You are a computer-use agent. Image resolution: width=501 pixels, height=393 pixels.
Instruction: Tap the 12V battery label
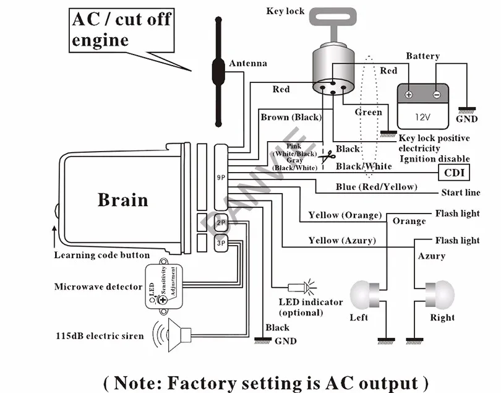(422, 116)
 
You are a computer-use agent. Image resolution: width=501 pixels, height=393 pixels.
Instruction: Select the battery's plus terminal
(409, 95)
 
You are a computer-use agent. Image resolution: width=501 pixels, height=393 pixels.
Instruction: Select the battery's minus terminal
(437, 95)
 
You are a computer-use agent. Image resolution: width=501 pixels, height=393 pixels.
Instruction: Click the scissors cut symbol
(326, 158)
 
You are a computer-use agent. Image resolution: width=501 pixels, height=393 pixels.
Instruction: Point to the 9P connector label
(221, 178)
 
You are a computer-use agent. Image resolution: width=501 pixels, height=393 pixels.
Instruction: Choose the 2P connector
(221, 222)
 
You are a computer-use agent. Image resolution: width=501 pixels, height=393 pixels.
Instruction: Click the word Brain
(122, 200)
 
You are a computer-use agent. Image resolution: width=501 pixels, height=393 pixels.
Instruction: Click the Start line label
(460, 193)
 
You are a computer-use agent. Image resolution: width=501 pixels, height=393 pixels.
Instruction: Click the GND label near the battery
(466, 119)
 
